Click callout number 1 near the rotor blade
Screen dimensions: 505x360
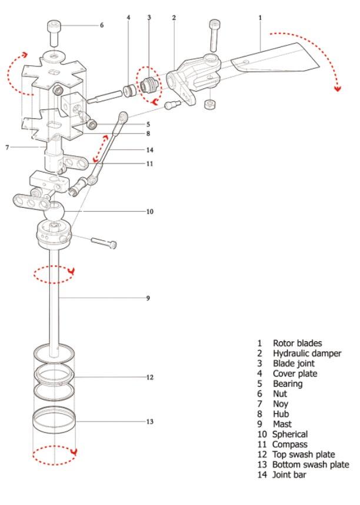(259, 18)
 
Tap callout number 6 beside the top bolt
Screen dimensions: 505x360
(101, 25)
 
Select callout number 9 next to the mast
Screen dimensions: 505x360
(148, 298)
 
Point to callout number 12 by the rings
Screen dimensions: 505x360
(150, 377)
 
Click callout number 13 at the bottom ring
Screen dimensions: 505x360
(149, 421)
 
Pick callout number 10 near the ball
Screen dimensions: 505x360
(149, 211)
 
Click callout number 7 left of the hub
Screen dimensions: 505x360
(7, 147)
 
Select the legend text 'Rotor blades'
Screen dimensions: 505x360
(297, 343)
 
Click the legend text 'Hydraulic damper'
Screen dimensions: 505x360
(306, 353)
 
